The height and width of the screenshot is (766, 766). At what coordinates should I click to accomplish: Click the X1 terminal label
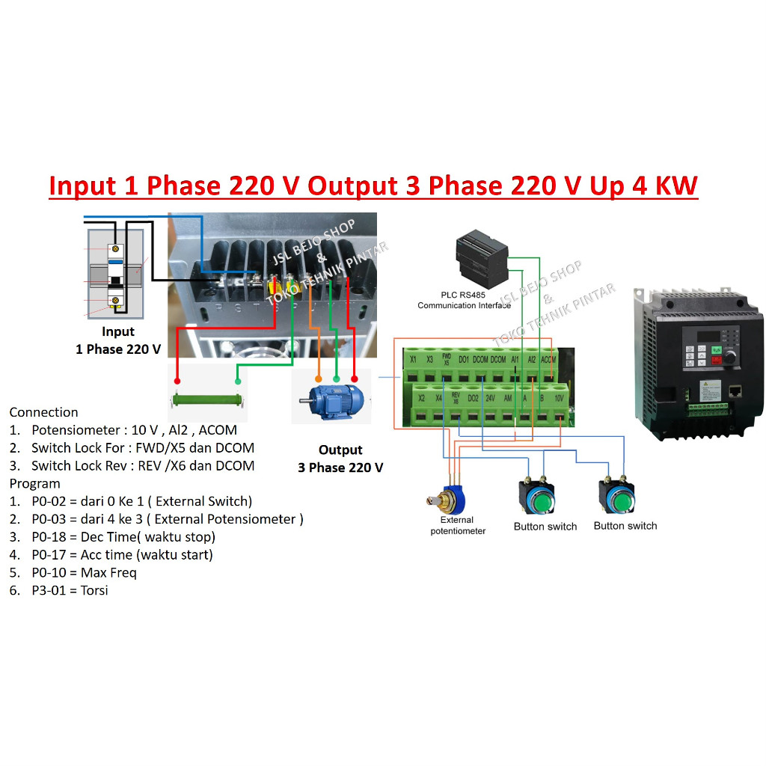(x=414, y=359)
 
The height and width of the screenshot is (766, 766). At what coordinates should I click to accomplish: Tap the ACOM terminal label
(x=548, y=359)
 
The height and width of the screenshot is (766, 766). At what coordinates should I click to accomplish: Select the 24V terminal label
(x=490, y=398)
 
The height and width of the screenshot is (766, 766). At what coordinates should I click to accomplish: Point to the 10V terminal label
(x=559, y=398)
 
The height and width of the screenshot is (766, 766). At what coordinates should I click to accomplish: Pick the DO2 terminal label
(x=473, y=398)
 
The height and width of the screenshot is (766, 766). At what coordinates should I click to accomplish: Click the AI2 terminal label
(x=531, y=359)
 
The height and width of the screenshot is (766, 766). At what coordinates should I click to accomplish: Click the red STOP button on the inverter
(x=717, y=361)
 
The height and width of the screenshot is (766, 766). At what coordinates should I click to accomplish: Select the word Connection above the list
(x=43, y=412)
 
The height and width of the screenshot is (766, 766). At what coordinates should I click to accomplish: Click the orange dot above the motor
(x=319, y=379)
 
